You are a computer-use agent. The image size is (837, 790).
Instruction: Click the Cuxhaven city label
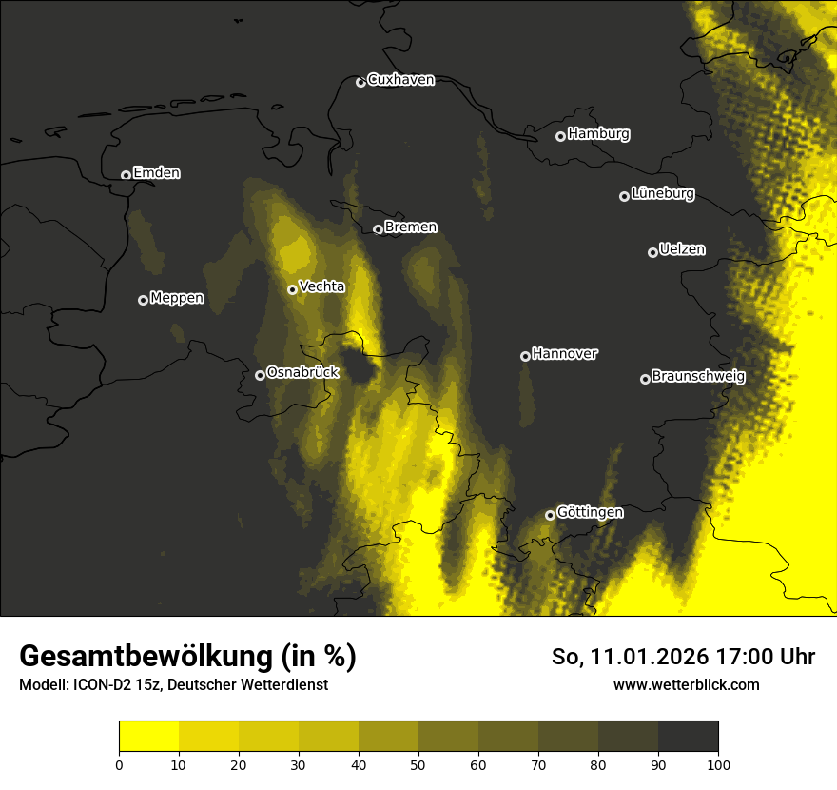[x=400, y=80]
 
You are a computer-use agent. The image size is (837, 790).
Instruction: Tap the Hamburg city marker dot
[x=560, y=136]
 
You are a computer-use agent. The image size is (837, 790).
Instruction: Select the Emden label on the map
[x=156, y=173]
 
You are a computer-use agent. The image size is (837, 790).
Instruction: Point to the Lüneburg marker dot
[x=624, y=196]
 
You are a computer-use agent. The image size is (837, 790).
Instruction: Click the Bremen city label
[x=411, y=227]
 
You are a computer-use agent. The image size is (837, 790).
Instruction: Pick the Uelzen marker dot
[x=652, y=252]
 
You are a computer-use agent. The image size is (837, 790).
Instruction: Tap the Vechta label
[x=321, y=286]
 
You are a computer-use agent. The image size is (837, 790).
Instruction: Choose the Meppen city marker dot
[x=143, y=300]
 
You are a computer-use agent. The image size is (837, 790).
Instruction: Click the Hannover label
[x=565, y=354]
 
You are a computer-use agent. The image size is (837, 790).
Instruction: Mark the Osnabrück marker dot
[x=260, y=375]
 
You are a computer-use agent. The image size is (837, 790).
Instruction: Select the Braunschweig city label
[x=698, y=377]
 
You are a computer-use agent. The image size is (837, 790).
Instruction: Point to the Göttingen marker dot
[x=550, y=515]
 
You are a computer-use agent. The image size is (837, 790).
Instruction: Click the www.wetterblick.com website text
[x=687, y=684]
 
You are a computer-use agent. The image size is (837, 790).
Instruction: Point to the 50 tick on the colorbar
[x=418, y=764]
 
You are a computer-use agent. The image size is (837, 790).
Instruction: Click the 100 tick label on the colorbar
[x=718, y=764]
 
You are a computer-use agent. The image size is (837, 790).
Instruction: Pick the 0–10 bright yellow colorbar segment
[x=149, y=737]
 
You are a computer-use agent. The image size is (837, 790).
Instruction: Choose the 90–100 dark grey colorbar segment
[x=688, y=737]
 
